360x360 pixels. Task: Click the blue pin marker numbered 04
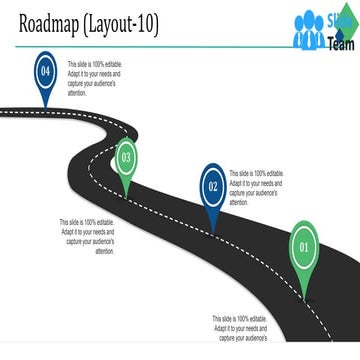pyautogui.click(x=44, y=76)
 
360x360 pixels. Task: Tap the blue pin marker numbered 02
pyautogui.click(x=213, y=187)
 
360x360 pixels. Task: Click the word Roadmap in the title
pyautogui.click(x=59, y=23)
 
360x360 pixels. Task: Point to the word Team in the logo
pyautogui.click(x=340, y=42)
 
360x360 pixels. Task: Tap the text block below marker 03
pyautogui.click(x=88, y=237)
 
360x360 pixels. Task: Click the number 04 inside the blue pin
pyautogui.click(x=44, y=71)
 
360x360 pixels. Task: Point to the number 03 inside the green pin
pyautogui.click(x=126, y=156)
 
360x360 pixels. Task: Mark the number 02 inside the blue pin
pyautogui.click(x=213, y=185)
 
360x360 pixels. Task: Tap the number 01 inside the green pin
pyautogui.click(x=306, y=243)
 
